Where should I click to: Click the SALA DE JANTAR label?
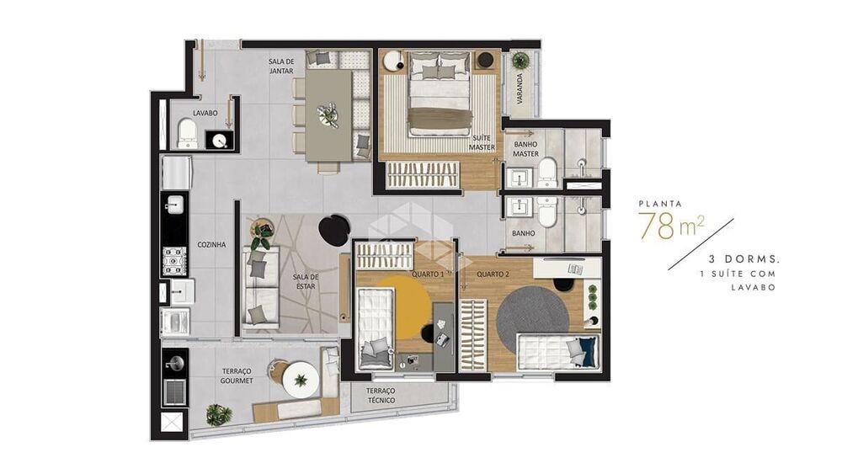coord(281,66)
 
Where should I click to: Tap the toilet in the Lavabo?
coord(187,134)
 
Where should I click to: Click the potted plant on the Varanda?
coord(521,61)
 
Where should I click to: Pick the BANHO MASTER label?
coord(526,148)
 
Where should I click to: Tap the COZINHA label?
coord(211,244)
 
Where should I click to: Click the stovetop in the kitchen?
coord(174,261)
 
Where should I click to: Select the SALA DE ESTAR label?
coord(305,281)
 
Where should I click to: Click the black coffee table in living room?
coord(335,229)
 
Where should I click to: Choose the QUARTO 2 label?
coord(493,274)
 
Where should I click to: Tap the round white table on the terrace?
coord(301,379)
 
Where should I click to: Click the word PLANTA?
coord(660,203)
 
